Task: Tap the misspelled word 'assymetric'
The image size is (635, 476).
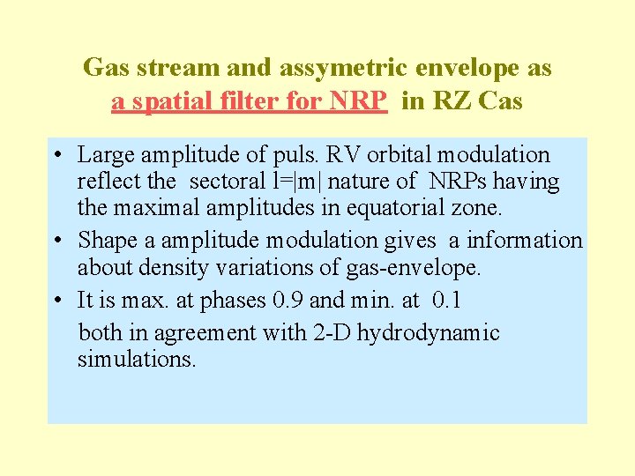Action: (x=317, y=67)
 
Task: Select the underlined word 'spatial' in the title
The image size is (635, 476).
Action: (x=169, y=102)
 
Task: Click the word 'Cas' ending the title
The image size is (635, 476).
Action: (x=501, y=102)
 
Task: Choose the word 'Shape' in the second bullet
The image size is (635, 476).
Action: (x=103, y=241)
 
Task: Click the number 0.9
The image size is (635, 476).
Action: (x=289, y=300)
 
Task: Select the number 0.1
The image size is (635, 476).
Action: (x=449, y=300)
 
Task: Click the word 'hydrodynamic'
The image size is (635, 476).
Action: (x=450, y=333)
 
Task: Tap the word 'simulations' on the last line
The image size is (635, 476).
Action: (x=137, y=360)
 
